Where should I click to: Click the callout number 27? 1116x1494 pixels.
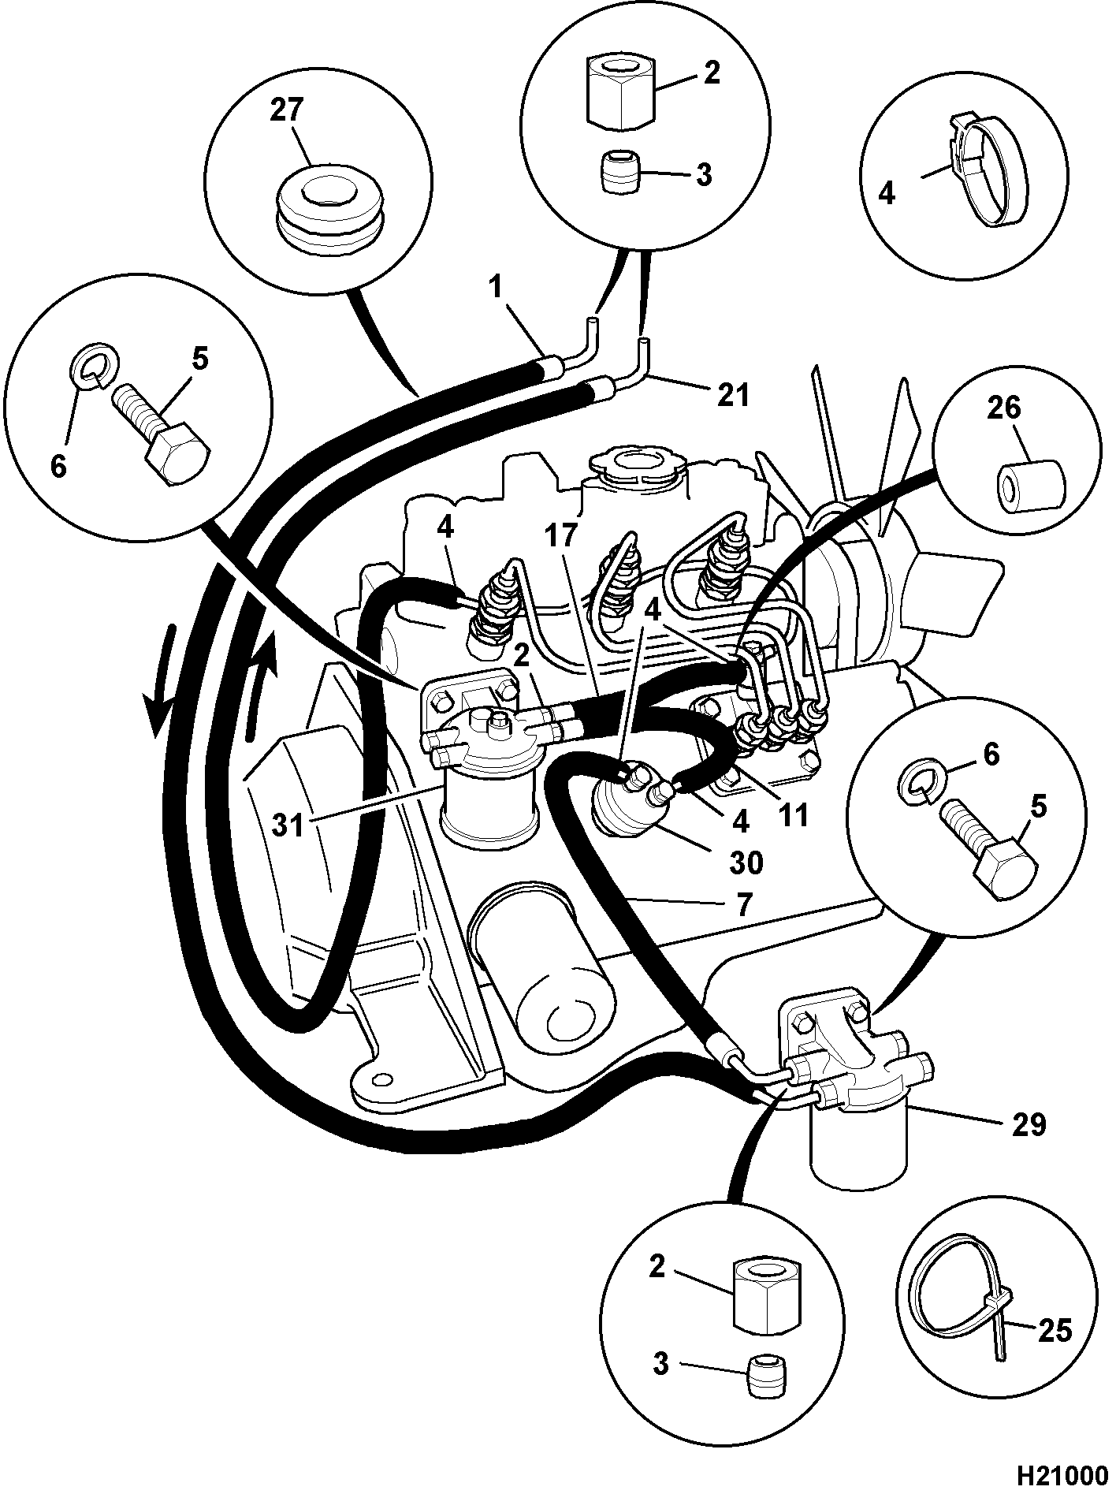(286, 110)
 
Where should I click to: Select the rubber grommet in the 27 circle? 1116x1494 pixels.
(329, 206)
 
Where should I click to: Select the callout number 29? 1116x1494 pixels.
(1028, 1124)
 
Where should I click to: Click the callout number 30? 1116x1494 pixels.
(745, 862)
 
